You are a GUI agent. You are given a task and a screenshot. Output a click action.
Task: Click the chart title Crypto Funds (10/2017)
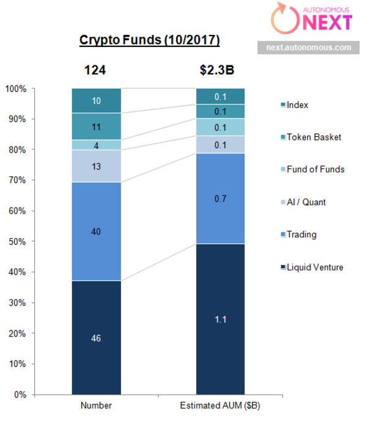pyautogui.click(x=149, y=41)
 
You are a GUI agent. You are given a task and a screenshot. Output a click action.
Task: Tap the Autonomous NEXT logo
pyautogui.click(x=313, y=19)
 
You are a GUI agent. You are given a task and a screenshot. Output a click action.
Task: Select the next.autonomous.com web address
pyautogui.click(x=308, y=48)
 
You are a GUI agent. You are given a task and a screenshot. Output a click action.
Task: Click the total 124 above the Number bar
pyautogui.click(x=95, y=70)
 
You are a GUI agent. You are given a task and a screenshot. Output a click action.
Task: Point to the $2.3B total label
pyautogui.click(x=217, y=70)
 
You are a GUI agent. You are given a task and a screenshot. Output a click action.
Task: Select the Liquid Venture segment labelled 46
pyautogui.click(x=96, y=338)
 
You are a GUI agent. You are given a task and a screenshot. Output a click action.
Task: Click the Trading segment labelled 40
pyautogui.click(x=96, y=231)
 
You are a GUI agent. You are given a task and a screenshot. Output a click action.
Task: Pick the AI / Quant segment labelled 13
pyautogui.click(x=96, y=166)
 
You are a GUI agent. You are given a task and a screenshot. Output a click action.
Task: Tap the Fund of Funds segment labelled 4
pyautogui.click(x=96, y=145)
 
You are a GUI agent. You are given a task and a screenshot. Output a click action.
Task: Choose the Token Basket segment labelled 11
pyautogui.click(x=96, y=127)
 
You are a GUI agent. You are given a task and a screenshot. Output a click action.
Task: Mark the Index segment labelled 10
pyautogui.click(x=96, y=101)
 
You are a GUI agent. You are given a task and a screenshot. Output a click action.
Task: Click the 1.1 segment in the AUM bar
pyautogui.click(x=220, y=319)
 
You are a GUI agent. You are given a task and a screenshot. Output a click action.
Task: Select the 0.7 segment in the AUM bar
pyautogui.click(x=220, y=199)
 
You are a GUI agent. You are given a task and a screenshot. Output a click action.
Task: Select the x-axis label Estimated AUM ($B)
pyautogui.click(x=220, y=406)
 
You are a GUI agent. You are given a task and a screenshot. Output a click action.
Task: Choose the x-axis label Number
pyautogui.click(x=96, y=406)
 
